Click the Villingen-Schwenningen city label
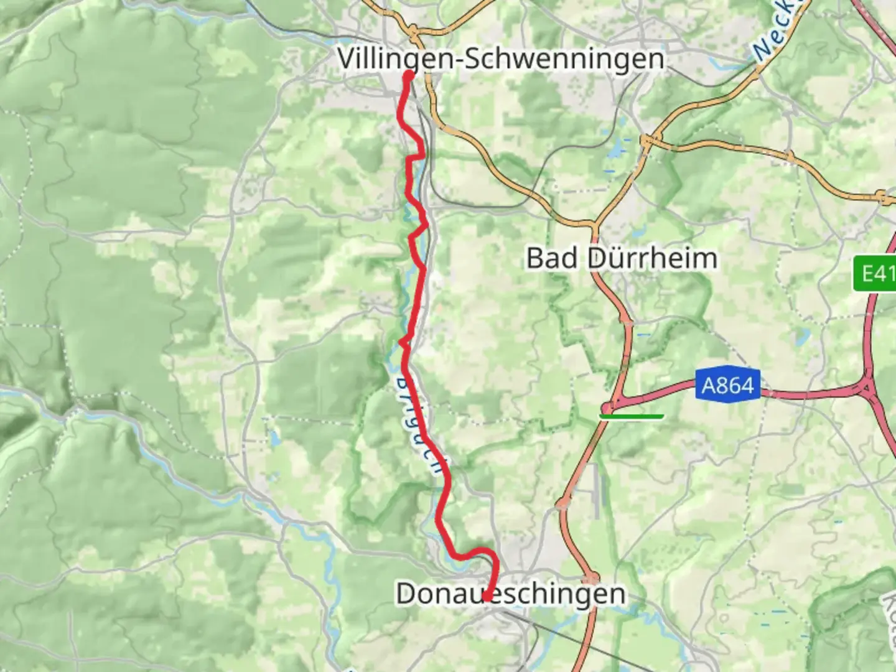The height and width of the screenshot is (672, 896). click(501, 59)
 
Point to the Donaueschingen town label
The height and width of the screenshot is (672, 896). click(510, 593)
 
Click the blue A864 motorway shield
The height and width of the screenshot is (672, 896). click(727, 386)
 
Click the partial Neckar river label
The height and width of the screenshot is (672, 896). click(774, 31)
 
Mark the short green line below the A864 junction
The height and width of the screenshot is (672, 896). click(632, 416)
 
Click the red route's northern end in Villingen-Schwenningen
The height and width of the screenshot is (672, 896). click(409, 75)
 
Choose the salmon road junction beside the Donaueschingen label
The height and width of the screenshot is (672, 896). click(594, 577)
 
